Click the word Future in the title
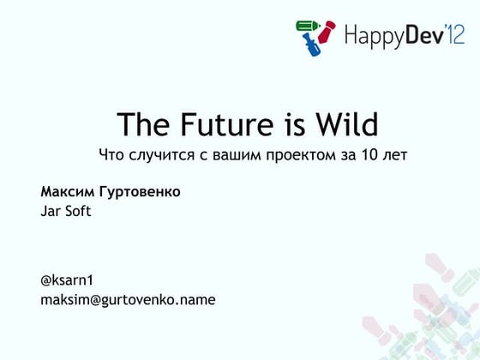tap(226, 124)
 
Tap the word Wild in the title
tap(347, 123)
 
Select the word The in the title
tap(143, 123)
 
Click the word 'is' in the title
tap(296, 124)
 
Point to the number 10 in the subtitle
tap(369, 154)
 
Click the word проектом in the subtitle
tap(301, 155)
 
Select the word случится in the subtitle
tap(162, 155)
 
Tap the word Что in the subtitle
tap(111, 154)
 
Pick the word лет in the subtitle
tap(395, 156)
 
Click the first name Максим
tap(68, 192)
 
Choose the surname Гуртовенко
tap(140, 192)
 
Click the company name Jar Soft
tap(66, 211)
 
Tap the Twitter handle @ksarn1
tap(67, 280)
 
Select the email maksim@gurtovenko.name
tap(128, 300)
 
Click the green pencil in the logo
tap(308, 26)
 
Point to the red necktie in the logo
tap(327, 32)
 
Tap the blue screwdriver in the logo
tap(311, 45)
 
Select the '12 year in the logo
tap(455, 34)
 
